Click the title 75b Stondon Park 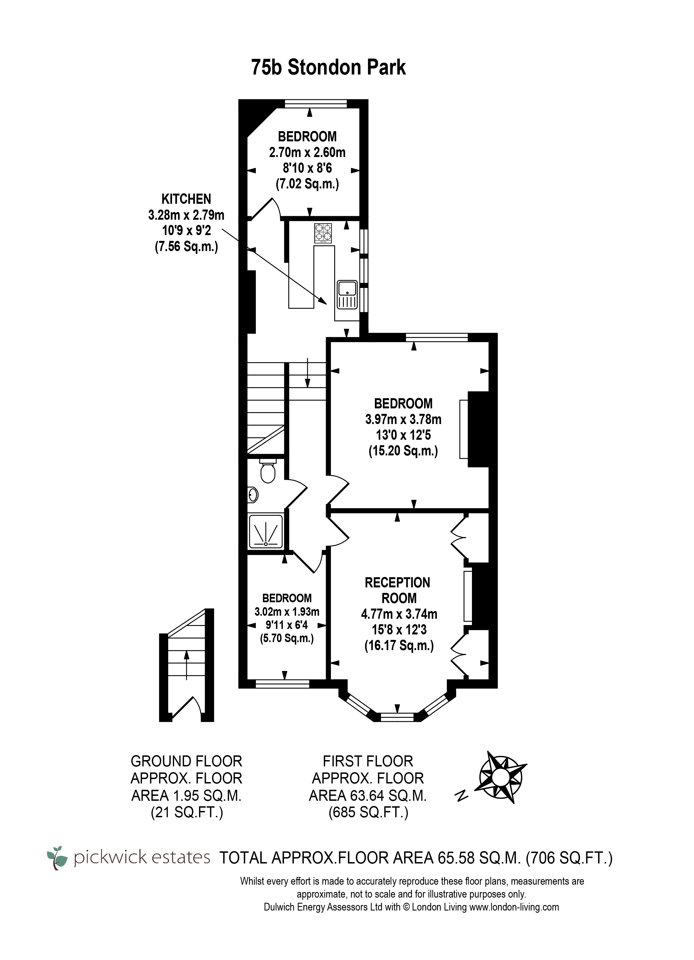328,67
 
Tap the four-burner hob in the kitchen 323,233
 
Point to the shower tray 266,531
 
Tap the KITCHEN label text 186,199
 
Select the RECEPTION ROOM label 398,590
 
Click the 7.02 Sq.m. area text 308,184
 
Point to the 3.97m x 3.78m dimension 403,419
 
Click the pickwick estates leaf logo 57,858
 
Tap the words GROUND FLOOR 186,761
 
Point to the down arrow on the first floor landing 308,373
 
